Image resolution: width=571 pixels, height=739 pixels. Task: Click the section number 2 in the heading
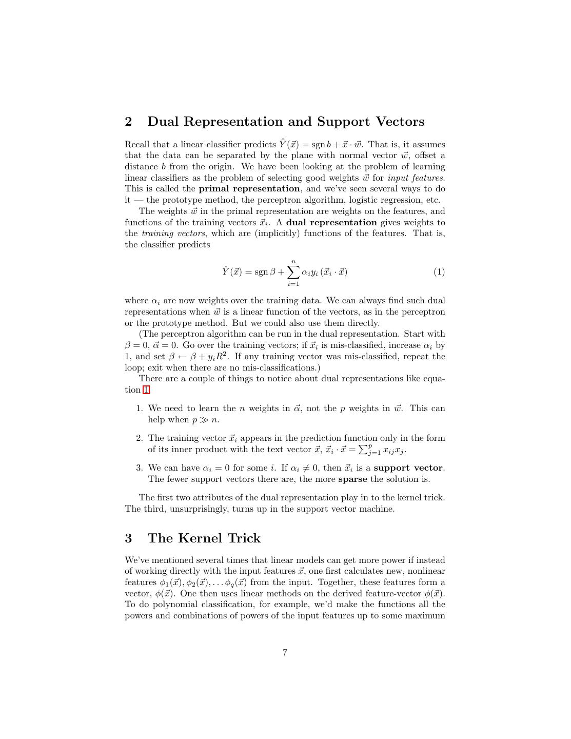pos(128,122)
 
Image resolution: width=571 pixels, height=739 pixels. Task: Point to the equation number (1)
pos(439,272)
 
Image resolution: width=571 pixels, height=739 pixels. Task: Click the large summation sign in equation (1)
pos(293,272)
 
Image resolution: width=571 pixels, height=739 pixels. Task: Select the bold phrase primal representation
pos(249,189)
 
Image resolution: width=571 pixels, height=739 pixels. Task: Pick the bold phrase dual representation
pos(331,222)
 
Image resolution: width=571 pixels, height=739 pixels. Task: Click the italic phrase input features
pos(416,178)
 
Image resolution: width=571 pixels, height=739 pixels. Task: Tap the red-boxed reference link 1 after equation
pos(146,390)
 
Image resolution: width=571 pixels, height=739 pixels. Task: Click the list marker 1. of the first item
pos(140,409)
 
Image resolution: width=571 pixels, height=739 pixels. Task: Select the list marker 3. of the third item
pos(140,468)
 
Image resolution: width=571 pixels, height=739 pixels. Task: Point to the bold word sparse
pos(352,479)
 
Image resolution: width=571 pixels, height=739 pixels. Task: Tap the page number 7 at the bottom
pos(285,653)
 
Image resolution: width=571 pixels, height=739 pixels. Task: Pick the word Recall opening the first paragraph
pos(136,145)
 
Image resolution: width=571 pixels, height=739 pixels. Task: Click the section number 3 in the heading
pos(128,538)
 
